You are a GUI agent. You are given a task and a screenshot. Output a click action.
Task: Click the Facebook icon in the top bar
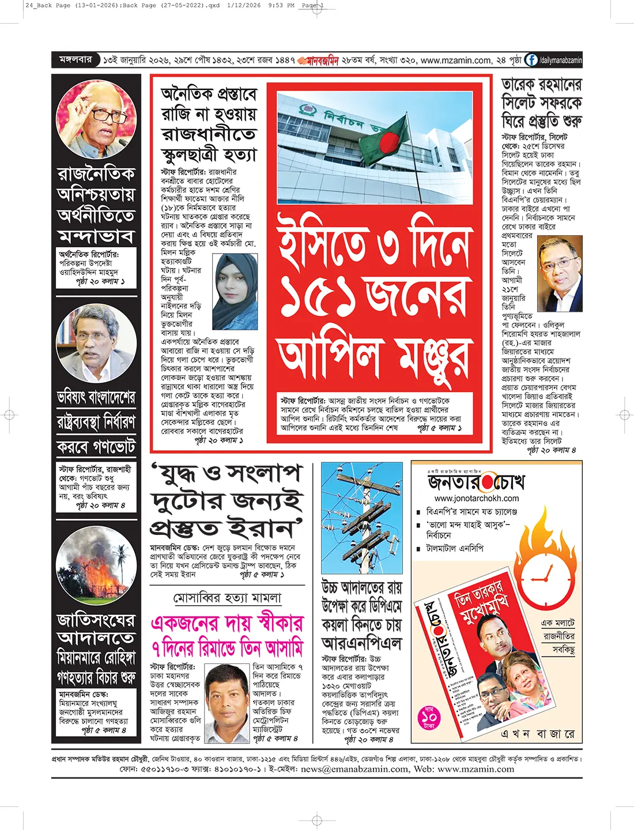pyautogui.click(x=531, y=60)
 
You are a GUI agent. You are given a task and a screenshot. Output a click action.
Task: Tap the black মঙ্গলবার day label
pyautogui.click(x=76, y=60)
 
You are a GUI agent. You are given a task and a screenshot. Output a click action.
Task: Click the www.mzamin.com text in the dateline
pyautogui.click(x=456, y=60)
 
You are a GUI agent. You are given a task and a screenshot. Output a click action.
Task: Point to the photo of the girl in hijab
pyautogui.click(x=235, y=292)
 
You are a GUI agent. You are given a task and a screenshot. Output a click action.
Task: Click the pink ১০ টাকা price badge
pyautogui.click(x=429, y=718)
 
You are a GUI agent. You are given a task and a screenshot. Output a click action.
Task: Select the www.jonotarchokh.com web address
pyautogui.click(x=477, y=498)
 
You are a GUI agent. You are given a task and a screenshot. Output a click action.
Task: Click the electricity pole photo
pyautogui.click(x=362, y=518)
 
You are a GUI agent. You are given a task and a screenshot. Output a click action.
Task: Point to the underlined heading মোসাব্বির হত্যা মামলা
pyautogui.click(x=228, y=598)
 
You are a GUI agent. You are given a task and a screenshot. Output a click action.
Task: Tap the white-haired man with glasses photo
pyautogui.click(x=96, y=119)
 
